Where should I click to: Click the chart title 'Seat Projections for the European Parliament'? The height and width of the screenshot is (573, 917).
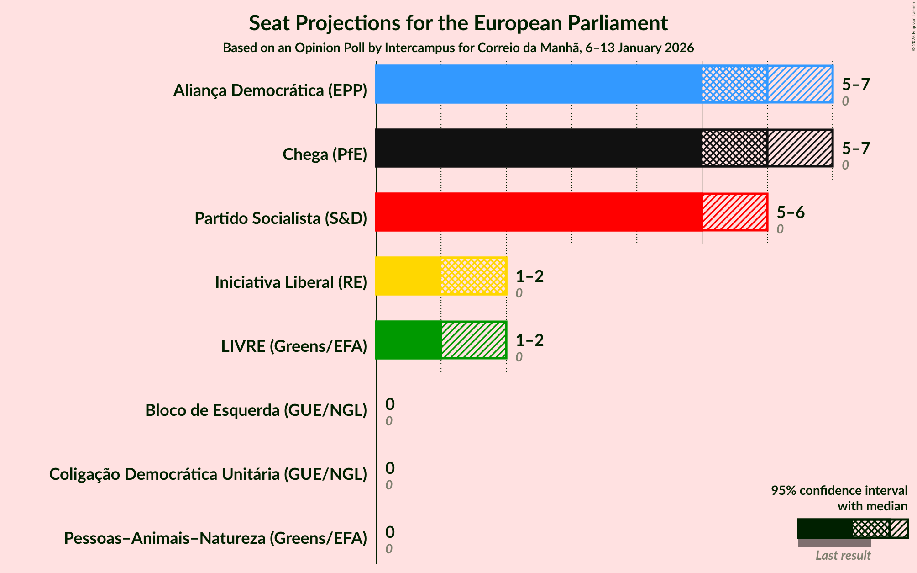458,23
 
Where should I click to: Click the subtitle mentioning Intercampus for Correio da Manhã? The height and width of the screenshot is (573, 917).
458,48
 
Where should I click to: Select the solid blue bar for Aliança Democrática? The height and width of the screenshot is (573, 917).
539,84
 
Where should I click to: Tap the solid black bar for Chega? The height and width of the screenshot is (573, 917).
539,148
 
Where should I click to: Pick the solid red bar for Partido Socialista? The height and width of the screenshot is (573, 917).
539,212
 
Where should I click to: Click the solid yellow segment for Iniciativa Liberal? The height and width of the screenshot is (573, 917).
408,276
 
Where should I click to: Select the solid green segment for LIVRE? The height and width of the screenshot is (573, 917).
408,340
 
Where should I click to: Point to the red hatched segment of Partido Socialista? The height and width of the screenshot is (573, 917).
735,212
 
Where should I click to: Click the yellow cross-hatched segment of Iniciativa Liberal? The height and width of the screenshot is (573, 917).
474,276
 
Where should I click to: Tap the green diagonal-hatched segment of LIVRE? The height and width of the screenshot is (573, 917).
474,340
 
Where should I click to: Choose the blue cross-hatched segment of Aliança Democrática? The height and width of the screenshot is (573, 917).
735,84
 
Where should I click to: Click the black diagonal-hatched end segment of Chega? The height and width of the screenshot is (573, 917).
800,148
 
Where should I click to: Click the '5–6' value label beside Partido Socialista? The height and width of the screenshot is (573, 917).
791,212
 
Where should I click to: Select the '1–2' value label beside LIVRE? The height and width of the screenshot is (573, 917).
529,340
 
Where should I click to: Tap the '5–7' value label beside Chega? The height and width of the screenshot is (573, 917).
856,148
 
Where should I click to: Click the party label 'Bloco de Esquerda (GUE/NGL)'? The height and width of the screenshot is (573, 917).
256,410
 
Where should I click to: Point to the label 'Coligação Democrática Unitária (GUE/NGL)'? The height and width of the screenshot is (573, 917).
208,474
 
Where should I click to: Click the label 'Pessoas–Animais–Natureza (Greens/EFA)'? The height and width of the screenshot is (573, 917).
215,538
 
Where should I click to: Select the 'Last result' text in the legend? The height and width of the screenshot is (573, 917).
843,555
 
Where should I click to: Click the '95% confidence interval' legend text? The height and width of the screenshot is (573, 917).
839,491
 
